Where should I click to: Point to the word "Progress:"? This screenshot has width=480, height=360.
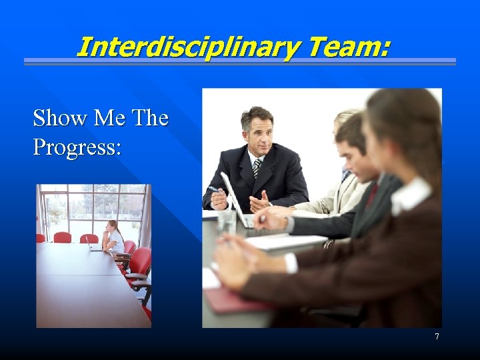pos(77,147)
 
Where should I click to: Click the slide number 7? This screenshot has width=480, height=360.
pos(437,337)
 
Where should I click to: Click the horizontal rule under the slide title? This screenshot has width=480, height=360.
pos(240,62)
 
